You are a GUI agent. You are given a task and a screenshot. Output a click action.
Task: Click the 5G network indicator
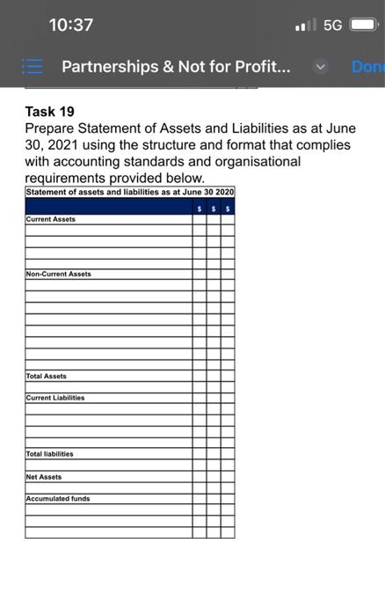click(x=332, y=26)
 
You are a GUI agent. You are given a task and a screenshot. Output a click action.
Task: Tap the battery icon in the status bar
click(x=365, y=26)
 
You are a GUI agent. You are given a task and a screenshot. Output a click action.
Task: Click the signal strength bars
click(x=305, y=26)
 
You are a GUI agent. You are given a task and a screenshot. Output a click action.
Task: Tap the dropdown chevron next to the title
click(x=321, y=66)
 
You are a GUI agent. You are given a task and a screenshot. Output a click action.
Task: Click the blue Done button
click(x=368, y=66)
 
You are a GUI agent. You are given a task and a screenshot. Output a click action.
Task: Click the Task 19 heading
click(x=49, y=112)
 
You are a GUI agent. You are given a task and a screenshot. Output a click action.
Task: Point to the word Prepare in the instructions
click(x=52, y=128)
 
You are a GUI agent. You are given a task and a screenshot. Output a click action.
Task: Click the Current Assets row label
click(x=51, y=219)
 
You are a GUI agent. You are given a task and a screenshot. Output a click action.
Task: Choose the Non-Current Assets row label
click(x=59, y=274)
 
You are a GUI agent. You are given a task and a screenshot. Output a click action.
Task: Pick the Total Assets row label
click(x=47, y=376)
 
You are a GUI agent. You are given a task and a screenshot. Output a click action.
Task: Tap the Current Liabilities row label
click(x=56, y=398)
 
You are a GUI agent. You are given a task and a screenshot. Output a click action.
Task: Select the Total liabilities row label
click(x=51, y=454)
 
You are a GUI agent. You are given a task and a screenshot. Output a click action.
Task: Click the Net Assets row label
click(x=45, y=476)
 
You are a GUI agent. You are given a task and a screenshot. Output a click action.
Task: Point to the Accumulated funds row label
click(x=58, y=499)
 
